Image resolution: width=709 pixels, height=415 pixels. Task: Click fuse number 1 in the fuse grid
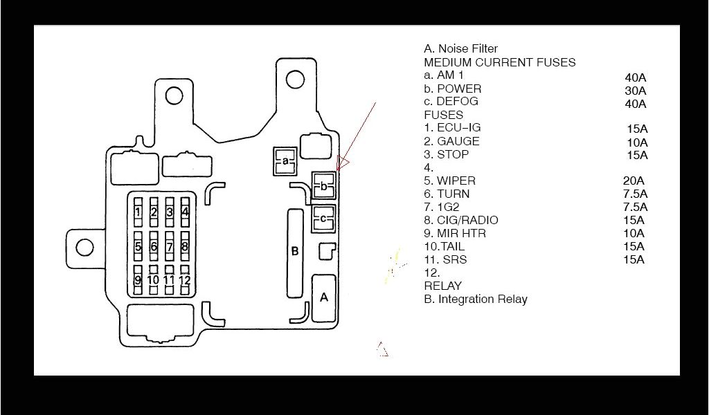point(138,212)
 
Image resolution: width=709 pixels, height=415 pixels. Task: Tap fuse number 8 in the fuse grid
point(185,246)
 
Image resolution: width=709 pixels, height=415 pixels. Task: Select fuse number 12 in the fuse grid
point(185,280)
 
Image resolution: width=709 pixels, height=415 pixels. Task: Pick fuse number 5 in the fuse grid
point(138,246)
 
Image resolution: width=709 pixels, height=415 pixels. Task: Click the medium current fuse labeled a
point(285,161)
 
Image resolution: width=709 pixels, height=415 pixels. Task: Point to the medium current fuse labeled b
point(323,185)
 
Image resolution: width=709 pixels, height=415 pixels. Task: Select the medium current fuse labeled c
point(323,219)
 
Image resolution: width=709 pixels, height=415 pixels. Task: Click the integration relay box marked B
point(294,252)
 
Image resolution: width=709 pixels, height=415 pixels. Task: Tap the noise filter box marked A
point(323,297)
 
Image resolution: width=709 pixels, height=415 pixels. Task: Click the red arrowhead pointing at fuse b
point(341,163)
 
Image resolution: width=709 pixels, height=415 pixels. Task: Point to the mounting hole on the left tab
point(84,247)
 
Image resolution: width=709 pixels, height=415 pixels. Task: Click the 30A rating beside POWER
point(635,91)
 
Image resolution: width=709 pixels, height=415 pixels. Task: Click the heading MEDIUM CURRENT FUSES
point(499,62)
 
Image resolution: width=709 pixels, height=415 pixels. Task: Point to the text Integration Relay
point(483,299)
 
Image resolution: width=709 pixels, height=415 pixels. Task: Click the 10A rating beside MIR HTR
point(634,234)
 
